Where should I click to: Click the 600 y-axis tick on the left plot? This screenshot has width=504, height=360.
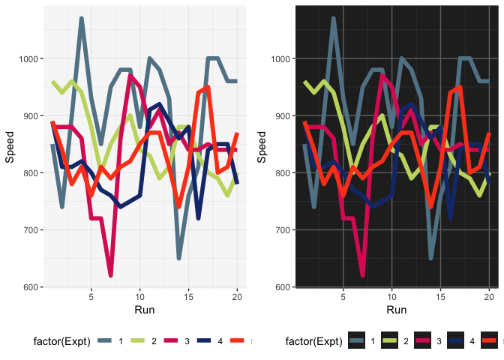[31, 287]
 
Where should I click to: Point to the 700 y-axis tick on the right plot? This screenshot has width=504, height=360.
[283, 230]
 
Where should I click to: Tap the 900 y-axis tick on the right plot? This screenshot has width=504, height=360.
[283, 115]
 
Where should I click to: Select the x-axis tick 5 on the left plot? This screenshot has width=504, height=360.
[91, 297]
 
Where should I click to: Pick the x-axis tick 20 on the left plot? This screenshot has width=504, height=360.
[237, 297]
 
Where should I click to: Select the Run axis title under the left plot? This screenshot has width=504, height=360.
[145, 310]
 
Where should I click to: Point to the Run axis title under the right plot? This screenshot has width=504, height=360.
[397, 310]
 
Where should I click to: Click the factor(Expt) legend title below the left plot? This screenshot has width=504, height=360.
[62, 342]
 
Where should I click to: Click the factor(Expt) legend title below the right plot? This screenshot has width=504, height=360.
[314, 342]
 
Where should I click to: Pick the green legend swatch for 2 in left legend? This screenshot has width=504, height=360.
[137, 342]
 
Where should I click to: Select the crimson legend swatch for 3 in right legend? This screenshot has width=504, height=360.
[424, 342]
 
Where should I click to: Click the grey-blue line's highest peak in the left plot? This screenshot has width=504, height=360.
[81, 19]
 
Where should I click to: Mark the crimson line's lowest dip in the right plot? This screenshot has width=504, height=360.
[362, 275]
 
